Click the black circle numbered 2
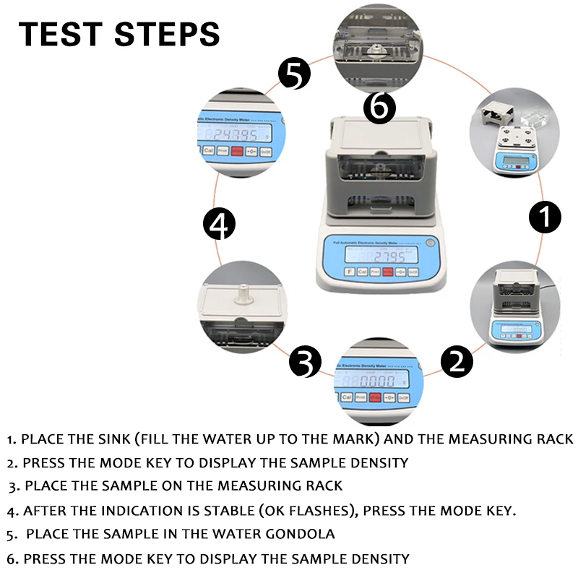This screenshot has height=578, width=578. [x=457, y=360]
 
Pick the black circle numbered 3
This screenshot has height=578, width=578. [x=305, y=361]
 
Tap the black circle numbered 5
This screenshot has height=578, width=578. [x=295, y=74]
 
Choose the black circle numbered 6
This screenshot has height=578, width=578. [x=380, y=108]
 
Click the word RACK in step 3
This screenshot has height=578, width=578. [x=323, y=486]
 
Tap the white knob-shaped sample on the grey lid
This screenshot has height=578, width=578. [x=243, y=293]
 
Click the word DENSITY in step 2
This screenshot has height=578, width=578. [x=379, y=462]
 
